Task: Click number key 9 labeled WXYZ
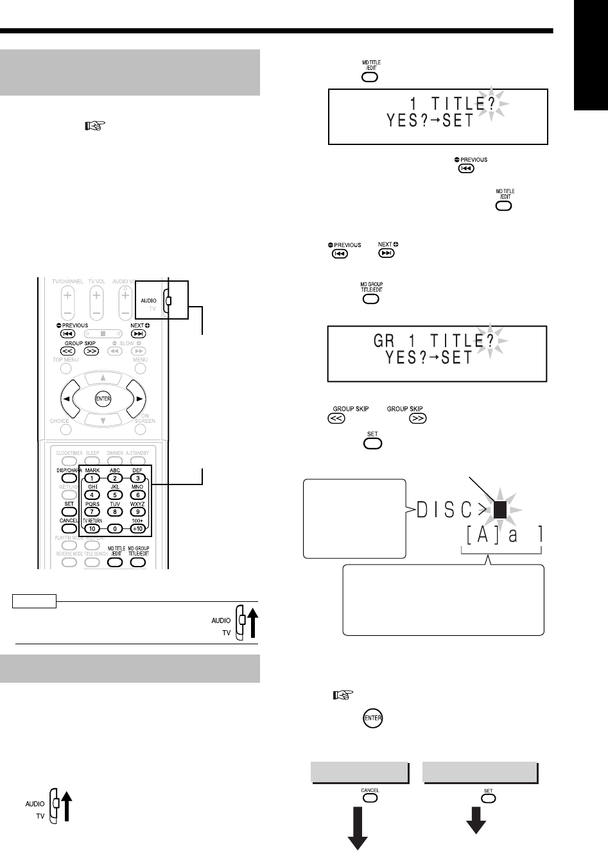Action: tap(137, 511)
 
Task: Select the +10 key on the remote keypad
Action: tap(137, 529)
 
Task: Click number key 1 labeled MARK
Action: tap(92, 478)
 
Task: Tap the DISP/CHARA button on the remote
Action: tap(69, 478)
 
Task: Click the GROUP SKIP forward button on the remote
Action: tap(91, 351)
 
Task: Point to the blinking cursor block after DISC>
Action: tap(501, 511)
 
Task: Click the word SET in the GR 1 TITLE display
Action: tap(457, 358)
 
